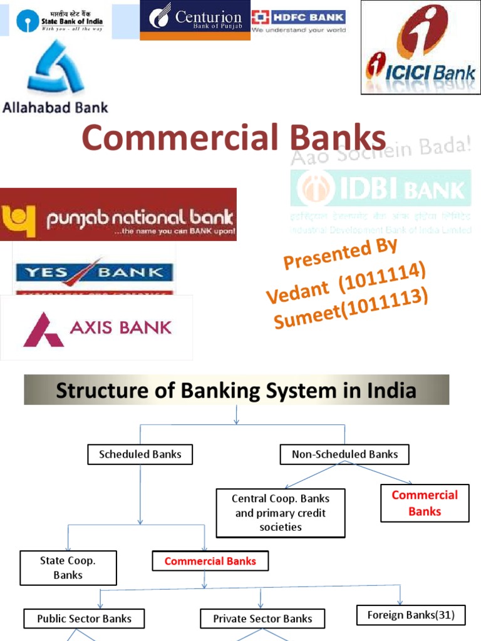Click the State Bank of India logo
(x=60, y=23)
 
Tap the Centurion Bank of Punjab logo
(x=195, y=21)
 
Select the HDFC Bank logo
(x=298, y=21)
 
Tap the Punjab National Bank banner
(x=118, y=215)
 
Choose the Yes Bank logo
(x=94, y=273)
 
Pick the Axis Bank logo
(x=97, y=327)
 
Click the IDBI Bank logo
(x=381, y=188)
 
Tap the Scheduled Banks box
(x=140, y=454)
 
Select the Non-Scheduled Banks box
(x=344, y=454)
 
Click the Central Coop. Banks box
(x=281, y=513)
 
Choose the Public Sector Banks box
(x=84, y=618)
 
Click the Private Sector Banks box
(x=262, y=618)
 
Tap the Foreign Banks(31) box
(x=411, y=615)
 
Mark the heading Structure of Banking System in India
(x=236, y=391)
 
